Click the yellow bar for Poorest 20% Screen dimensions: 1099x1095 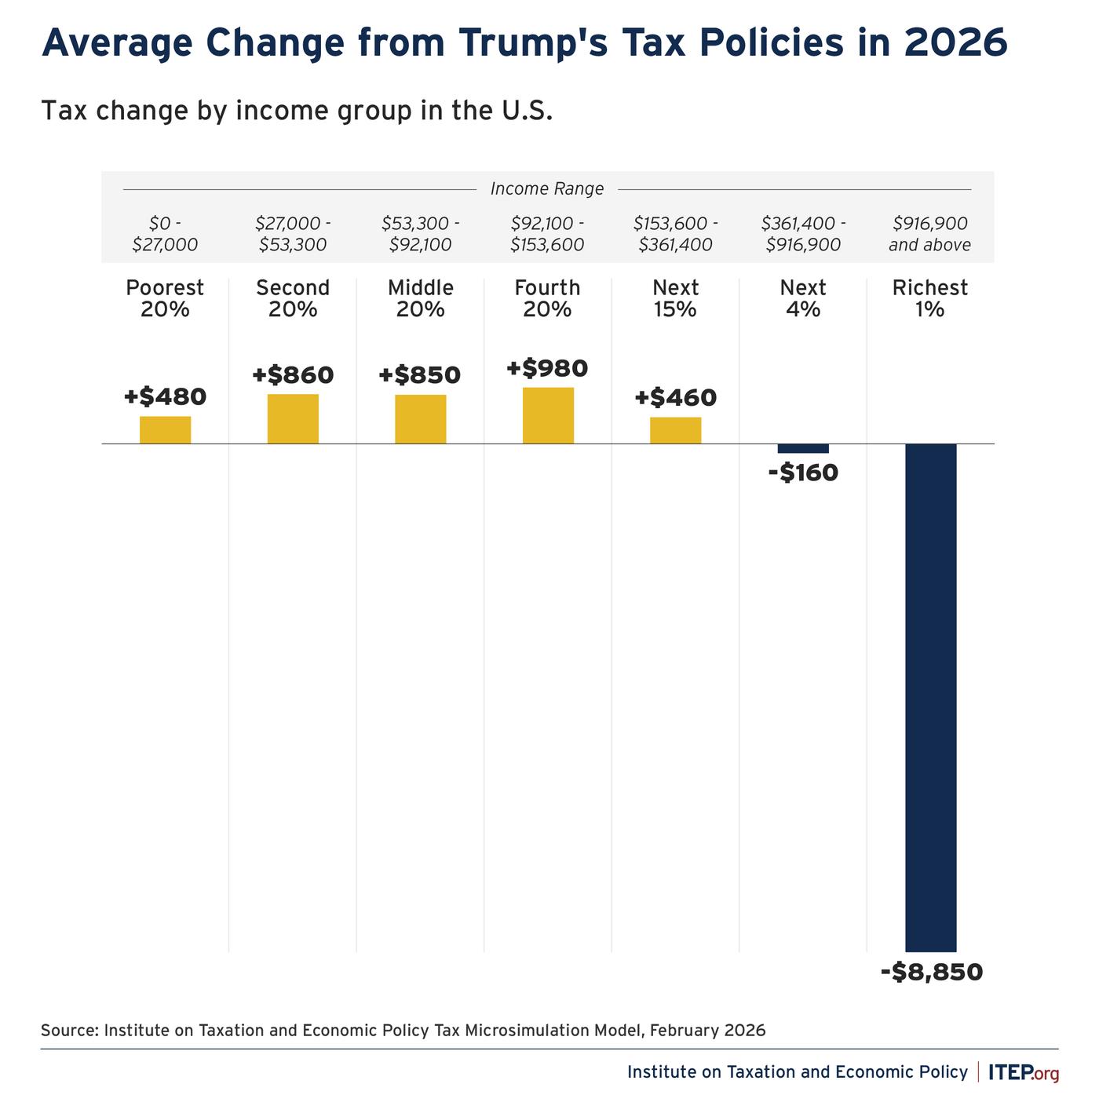coord(166,429)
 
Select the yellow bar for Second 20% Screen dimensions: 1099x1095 coord(293,418)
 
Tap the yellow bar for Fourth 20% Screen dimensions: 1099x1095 coord(548,415)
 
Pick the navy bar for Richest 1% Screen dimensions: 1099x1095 coord(931,698)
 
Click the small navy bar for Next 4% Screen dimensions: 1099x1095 coord(803,448)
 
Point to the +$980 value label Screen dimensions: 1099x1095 coord(547,368)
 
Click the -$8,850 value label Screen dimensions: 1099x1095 coord(932,972)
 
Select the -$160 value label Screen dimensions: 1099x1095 coord(804,473)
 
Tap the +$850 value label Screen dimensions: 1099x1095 coord(420,374)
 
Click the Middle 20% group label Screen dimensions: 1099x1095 coord(421,298)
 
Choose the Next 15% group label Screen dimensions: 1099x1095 coord(675,298)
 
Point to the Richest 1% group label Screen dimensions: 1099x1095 coord(930,298)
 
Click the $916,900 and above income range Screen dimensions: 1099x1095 coord(930,234)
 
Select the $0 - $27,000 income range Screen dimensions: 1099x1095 coord(165,234)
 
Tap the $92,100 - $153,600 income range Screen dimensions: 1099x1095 coord(547,234)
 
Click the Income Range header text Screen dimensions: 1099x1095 coord(547,188)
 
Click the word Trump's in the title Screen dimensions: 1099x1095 coord(533,42)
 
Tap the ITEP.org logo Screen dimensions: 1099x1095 coord(1024,1071)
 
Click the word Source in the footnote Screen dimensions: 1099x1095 coord(70,1030)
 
